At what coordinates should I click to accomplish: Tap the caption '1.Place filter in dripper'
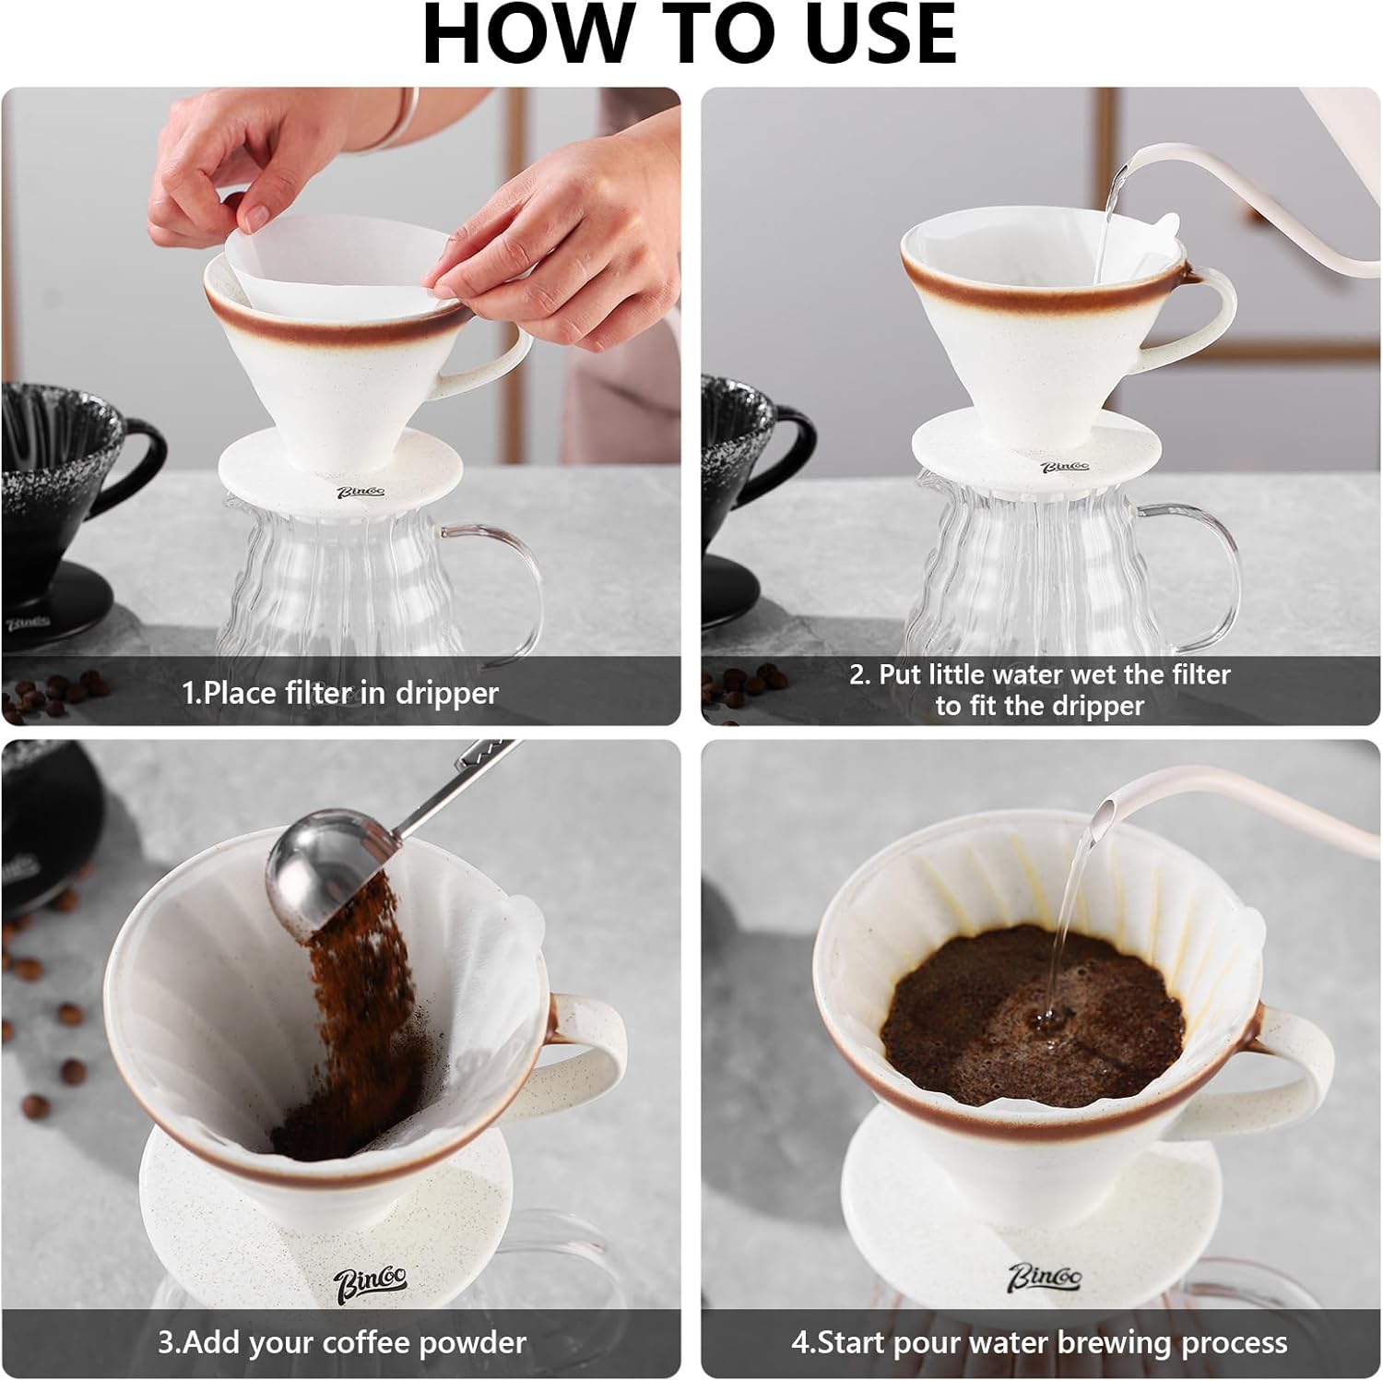pyautogui.click(x=340, y=693)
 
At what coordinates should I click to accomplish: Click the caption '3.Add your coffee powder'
pyautogui.click(x=342, y=1342)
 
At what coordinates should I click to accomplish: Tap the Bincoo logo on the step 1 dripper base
pyautogui.click(x=360, y=494)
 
